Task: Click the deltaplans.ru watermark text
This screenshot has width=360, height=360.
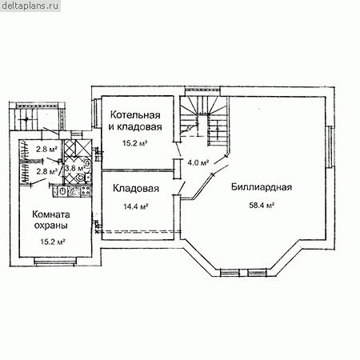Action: tap(30, 6)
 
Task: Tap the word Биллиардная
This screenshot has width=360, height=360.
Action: tap(262, 187)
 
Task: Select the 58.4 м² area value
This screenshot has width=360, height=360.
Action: tap(262, 206)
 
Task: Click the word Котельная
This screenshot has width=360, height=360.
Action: tap(135, 115)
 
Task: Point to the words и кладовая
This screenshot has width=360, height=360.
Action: tap(135, 126)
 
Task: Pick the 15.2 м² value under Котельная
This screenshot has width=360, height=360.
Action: tap(135, 143)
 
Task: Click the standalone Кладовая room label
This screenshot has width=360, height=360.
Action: tap(136, 188)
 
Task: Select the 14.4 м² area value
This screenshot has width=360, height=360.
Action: tap(136, 206)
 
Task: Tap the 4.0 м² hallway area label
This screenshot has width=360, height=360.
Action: tap(198, 162)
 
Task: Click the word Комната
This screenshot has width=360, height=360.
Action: tap(51, 214)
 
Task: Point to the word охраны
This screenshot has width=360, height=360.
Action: tap(51, 226)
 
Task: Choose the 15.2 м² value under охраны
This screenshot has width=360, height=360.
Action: tap(53, 242)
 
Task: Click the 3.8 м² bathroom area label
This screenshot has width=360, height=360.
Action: tap(74, 168)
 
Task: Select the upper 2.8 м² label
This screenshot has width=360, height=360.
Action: tap(46, 149)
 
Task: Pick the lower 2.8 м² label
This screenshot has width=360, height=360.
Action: tap(46, 171)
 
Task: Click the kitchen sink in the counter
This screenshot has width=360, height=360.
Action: tap(62, 191)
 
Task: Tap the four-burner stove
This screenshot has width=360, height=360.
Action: tap(86, 190)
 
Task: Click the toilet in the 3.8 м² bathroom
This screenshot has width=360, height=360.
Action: tap(79, 178)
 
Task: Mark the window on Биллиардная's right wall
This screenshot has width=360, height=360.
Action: tap(330, 146)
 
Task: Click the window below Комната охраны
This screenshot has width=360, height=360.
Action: tap(54, 262)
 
